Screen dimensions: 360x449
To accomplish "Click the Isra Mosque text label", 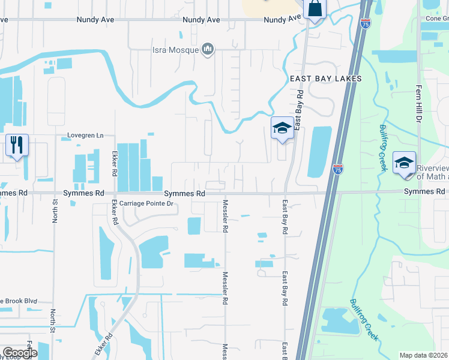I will (x=175, y=49).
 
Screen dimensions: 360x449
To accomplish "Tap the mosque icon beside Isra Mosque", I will (x=208, y=49).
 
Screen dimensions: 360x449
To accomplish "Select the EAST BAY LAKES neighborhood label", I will (x=325, y=79).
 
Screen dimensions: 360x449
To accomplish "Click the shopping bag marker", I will (x=315, y=10).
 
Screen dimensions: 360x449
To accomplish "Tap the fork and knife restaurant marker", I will (x=17, y=145).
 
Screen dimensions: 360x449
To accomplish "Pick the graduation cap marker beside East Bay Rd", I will (x=282, y=128).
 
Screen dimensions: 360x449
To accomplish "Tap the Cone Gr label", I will (x=437, y=19).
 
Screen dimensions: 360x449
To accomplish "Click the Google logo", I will (x=19, y=353).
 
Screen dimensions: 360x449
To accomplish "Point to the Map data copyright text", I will (x=424, y=355).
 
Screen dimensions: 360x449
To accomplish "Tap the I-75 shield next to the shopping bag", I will (x=366, y=23).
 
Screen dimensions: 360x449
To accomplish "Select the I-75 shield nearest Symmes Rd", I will (x=338, y=170).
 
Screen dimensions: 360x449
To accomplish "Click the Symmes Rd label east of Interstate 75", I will (x=426, y=191).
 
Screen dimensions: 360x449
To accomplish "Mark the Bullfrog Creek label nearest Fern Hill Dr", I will (x=382, y=148).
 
